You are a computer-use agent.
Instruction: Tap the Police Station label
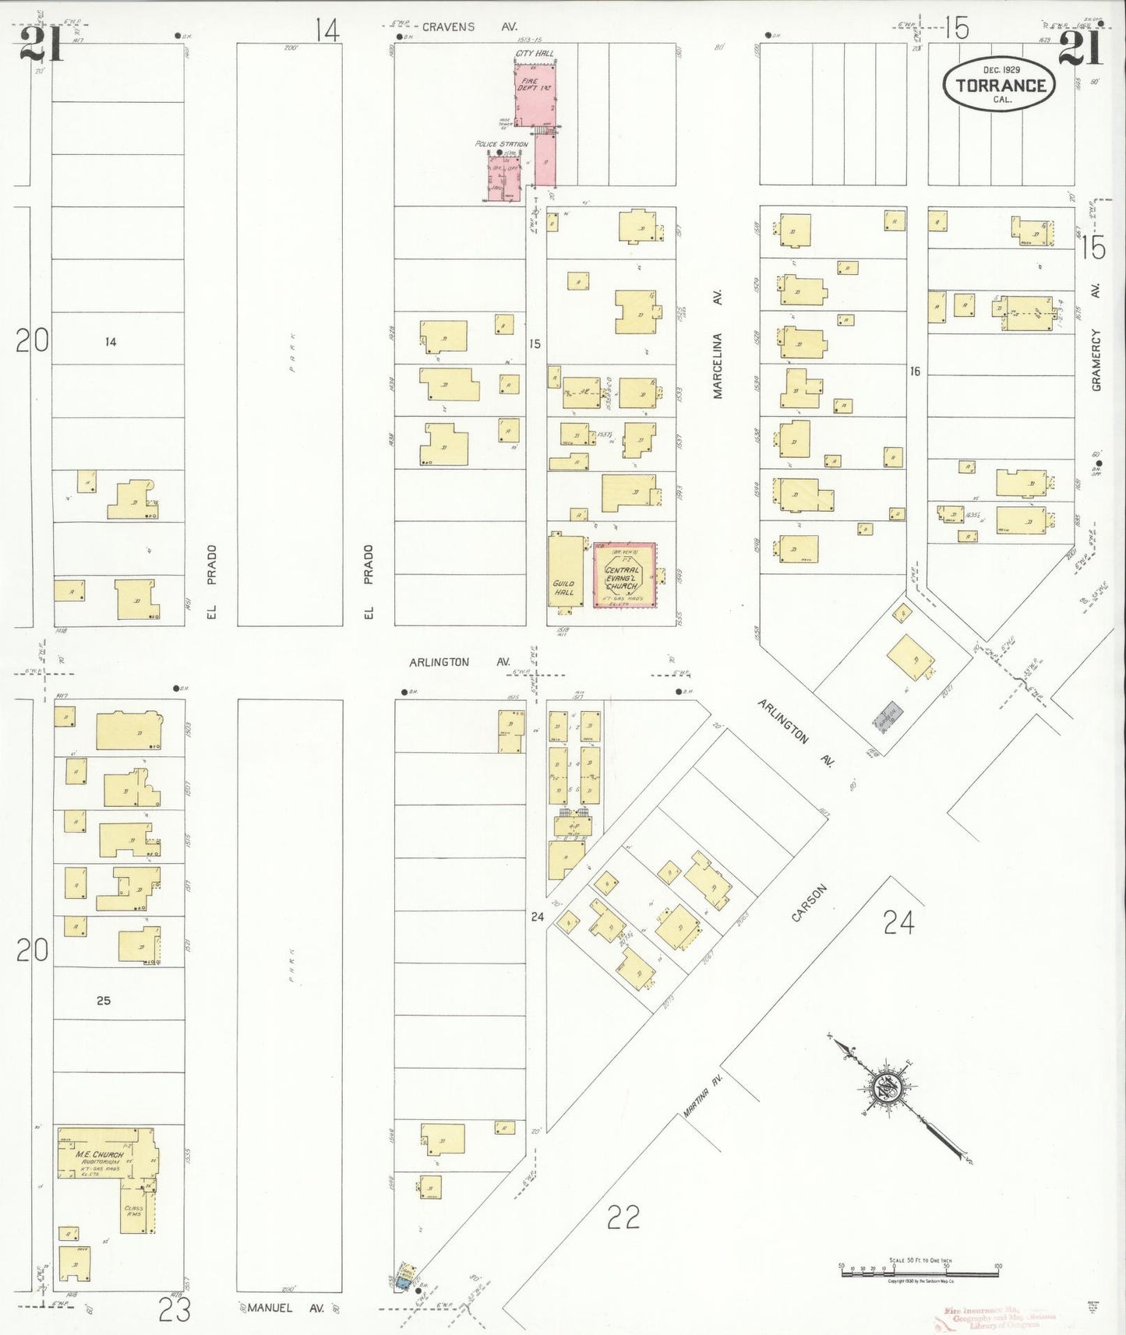pos(502,144)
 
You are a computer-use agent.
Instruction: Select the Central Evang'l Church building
pos(624,576)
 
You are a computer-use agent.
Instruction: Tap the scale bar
pos(920,1273)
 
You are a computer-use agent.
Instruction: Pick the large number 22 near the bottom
pos(623,1217)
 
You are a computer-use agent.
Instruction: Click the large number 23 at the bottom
pos(175,1311)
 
